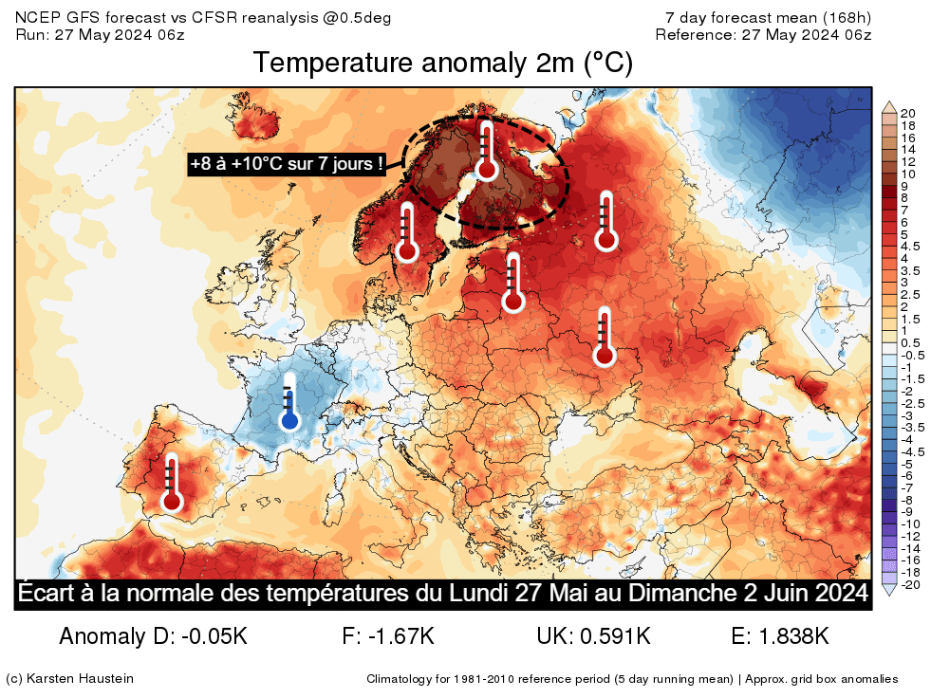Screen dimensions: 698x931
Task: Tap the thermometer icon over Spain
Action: coord(172,484)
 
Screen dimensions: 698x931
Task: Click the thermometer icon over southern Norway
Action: coord(408,231)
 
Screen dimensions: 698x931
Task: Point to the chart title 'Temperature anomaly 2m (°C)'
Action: coord(443,64)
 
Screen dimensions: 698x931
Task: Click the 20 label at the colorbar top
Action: coord(907,113)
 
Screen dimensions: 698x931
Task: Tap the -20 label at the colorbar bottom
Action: coord(909,584)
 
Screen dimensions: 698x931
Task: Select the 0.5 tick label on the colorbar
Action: coord(909,342)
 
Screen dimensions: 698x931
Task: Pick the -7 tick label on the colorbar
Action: coord(907,487)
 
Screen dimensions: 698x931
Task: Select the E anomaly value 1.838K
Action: coord(793,635)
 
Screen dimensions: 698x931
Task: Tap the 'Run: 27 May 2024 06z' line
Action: coord(101,34)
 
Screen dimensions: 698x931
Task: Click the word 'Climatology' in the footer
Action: coord(400,679)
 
